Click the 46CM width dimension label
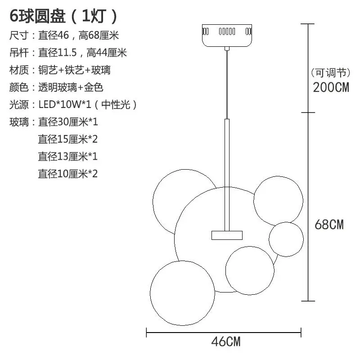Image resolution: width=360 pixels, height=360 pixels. coord(226,342)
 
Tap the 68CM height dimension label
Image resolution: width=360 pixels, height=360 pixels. coord(329,225)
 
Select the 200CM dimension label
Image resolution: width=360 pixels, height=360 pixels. coord(331,87)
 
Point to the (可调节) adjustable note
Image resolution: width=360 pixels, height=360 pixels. coord(331,73)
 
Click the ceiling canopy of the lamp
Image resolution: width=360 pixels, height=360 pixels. coord(227,36)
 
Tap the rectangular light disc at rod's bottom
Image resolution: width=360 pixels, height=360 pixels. coord(227,235)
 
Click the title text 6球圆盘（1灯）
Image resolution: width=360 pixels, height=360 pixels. coord(63,16)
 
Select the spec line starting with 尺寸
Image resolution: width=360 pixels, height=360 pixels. coord(64,36)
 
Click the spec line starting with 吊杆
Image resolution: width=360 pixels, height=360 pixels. coord(68,53)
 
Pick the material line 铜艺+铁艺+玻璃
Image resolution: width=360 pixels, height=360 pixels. coord(60,70)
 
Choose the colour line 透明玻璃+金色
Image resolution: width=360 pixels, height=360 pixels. coord(56,87)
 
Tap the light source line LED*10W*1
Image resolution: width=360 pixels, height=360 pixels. coord(73,105)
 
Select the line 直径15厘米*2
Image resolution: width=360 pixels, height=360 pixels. coord(68,139)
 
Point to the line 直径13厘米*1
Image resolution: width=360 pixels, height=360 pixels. coord(68,156)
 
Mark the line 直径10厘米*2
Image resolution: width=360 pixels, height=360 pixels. coord(68,174)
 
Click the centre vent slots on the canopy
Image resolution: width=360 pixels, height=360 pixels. coord(227,31)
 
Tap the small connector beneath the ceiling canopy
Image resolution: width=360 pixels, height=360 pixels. coord(227,49)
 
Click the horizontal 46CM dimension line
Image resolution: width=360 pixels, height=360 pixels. coord(224,332)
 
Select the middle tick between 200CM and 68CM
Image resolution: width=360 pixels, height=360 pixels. coord(308,112)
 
